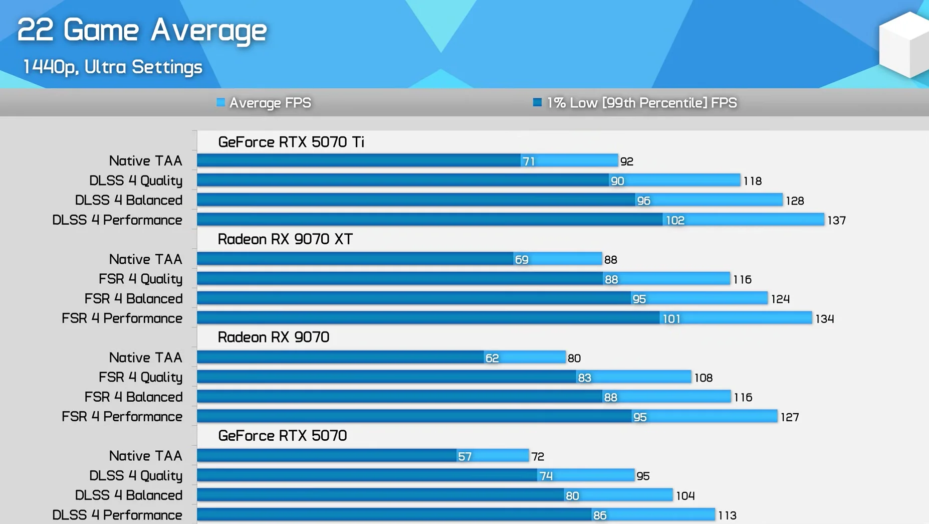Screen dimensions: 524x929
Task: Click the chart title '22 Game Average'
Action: click(x=142, y=30)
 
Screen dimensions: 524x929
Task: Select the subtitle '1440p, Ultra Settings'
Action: click(x=113, y=67)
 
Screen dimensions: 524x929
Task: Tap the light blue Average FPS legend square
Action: click(x=220, y=102)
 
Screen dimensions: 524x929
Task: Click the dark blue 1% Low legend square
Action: click(x=537, y=102)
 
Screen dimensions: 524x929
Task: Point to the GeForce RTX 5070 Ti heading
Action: click(x=291, y=142)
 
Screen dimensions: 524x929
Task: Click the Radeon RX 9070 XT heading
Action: click(x=285, y=239)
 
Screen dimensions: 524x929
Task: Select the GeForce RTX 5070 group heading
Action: click(x=282, y=436)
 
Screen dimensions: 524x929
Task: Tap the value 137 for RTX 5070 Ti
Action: click(x=836, y=220)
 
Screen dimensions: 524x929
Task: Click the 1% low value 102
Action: click(x=675, y=220)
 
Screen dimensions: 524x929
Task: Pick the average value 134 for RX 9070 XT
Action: click(x=824, y=319)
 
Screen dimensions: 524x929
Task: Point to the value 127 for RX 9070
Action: click(x=789, y=417)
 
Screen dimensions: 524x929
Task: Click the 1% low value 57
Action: click(x=464, y=456)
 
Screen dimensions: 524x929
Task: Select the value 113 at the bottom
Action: click(x=727, y=515)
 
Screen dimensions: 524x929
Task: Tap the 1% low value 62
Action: click(x=492, y=358)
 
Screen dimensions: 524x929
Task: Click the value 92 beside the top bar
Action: click(x=626, y=161)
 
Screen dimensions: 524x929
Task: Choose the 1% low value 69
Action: click(x=521, y=260)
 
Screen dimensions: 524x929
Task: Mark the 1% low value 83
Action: click(x=584, y=378)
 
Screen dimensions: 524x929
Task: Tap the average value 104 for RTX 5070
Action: click(x=685, y=496)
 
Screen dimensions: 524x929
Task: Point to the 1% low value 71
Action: click(x=528, y=161)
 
